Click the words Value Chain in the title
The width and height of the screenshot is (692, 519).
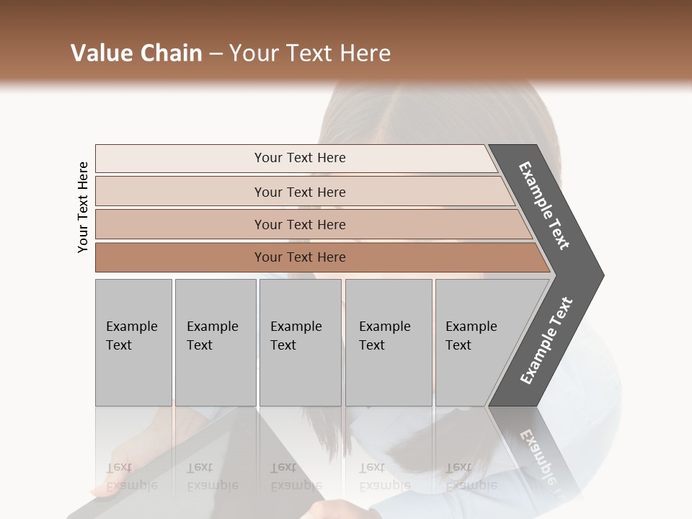(136, 53)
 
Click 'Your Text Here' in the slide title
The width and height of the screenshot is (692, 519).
(310, 53)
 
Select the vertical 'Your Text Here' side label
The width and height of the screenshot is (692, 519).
(83, 207)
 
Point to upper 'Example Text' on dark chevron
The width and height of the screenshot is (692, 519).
(544, 205)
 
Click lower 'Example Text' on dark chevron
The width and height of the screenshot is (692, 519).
(546, 340)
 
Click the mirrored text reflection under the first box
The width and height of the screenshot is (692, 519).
(131, 476)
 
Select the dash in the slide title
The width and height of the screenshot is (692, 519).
(216, 54)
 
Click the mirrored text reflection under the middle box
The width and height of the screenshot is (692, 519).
(296, 476)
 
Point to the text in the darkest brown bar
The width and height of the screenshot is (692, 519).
(300, 257)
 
